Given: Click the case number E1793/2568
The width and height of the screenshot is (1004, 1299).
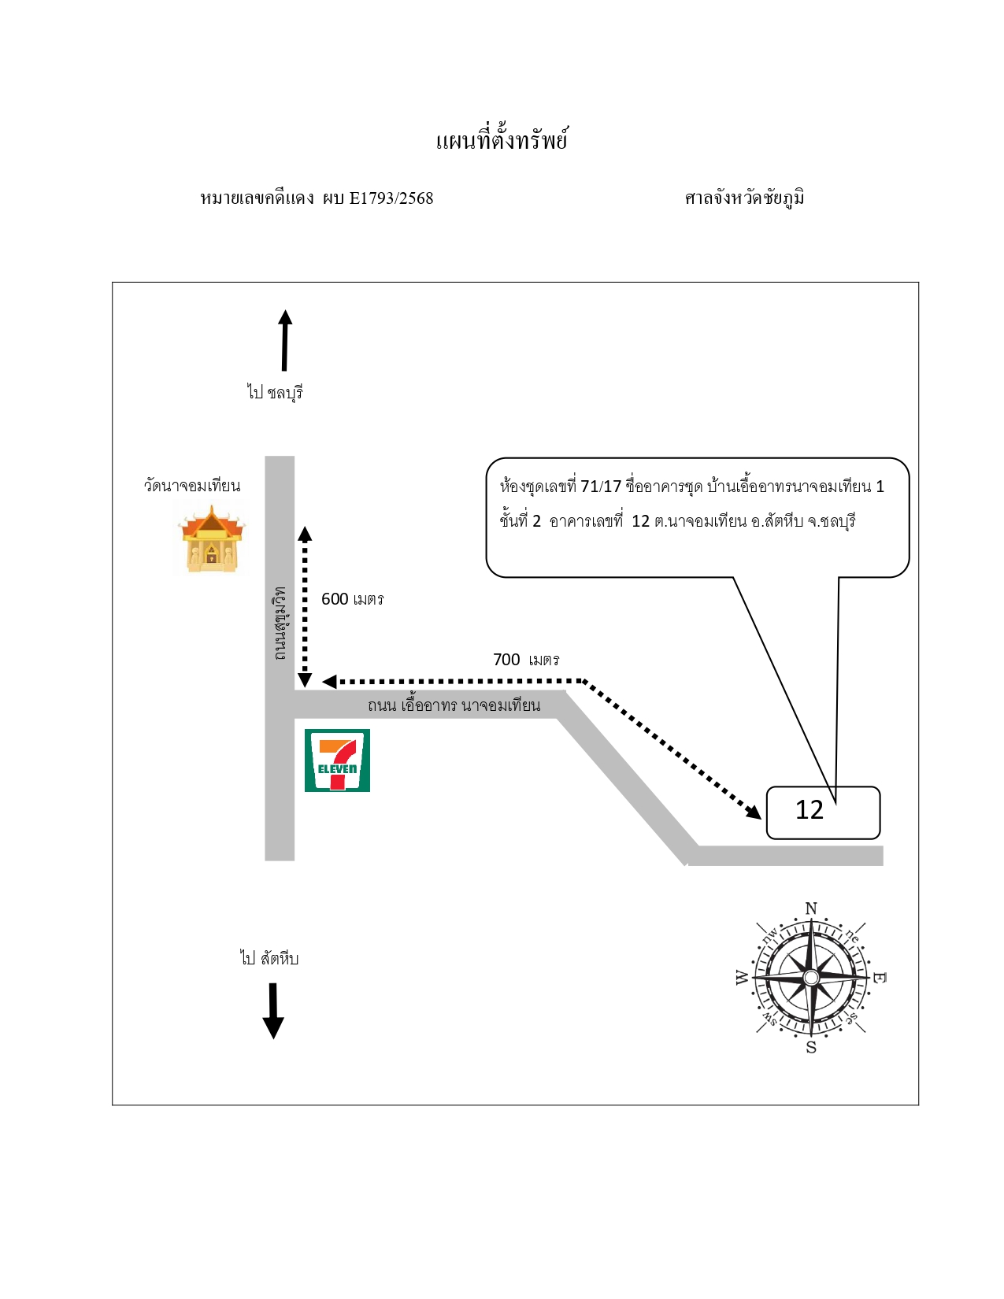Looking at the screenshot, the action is (391, 198).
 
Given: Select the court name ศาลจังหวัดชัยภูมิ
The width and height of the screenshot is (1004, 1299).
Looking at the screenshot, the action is (744, 198).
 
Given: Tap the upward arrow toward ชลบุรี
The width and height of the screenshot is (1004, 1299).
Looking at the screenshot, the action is (285, 340).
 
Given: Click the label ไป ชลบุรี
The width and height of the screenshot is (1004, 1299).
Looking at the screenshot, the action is (275, 393).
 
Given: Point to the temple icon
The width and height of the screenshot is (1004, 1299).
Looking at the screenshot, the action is (211, 538).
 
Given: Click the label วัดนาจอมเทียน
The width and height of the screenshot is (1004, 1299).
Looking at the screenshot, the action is (192, 485).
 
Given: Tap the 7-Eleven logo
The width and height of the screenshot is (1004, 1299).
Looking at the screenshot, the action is (337, 761).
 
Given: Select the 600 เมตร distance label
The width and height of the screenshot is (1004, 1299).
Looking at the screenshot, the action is (352, 599).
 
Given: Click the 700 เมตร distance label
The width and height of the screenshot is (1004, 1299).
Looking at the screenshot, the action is (526, 660).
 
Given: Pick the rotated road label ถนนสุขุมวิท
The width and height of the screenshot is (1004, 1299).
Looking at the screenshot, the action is (280, 623).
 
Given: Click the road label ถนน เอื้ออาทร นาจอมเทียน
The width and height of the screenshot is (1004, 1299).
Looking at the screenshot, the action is (454, 705).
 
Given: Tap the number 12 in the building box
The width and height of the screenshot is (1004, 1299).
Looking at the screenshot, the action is (809, 810).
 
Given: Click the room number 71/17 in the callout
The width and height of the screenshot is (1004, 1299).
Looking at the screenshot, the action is (601, 486).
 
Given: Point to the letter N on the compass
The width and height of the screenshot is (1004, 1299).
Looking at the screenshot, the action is (811, 909).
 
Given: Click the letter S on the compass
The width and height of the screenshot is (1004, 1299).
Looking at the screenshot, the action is (811, 1047).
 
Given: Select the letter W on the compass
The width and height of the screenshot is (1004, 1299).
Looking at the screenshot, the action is (742, 977).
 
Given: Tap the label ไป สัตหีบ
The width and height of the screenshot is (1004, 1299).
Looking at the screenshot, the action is (269, 958).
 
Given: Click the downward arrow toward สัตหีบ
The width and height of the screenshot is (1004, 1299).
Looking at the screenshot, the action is (273, 1010).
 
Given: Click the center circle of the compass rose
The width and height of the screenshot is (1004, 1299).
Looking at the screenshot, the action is (811, 977).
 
